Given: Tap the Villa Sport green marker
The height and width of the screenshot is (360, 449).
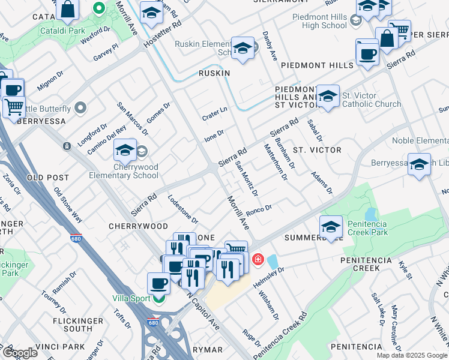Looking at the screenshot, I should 159,298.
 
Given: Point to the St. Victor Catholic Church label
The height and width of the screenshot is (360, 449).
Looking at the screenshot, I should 372,100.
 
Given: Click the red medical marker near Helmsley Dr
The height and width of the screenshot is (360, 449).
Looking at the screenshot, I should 258,259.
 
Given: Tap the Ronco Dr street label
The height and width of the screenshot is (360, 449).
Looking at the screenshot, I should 259,211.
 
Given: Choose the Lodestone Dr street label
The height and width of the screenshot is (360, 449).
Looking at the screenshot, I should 183,208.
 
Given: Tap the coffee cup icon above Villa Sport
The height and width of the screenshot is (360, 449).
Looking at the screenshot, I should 158,282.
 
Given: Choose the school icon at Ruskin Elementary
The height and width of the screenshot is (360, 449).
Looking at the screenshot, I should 243,49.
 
